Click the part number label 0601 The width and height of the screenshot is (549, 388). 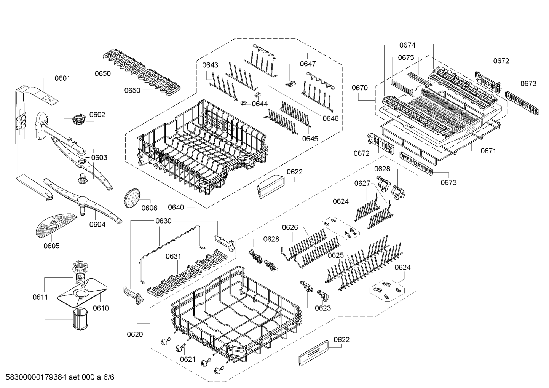(x=62, y=78)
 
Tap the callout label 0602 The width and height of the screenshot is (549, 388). (x=97, y=115)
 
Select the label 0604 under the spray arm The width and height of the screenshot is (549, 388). (x=97, y=224)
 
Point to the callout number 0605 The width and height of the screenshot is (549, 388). (x=51, y=246)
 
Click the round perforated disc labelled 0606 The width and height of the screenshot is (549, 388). (x=132, y=198)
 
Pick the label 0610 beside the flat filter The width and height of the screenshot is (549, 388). (x=101, y=308)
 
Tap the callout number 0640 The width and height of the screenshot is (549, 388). (x=176, y=208)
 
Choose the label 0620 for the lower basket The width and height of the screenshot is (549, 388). (x=135, y=334)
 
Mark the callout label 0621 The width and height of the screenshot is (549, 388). (x=188, y=359)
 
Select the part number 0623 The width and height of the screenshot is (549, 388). (x=323, y=308)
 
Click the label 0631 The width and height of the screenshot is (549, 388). (x=174, y=256)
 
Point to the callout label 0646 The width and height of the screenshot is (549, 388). (x=330, y=118)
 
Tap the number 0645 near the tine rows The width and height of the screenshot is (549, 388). (x=310, y=139)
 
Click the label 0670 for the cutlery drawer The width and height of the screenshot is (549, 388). (x=360, y=88)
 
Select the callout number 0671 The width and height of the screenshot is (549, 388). (x=488, y=151)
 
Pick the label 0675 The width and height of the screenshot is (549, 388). (x=406, y=57)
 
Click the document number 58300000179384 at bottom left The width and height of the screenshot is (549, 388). (x=36, y=377)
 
